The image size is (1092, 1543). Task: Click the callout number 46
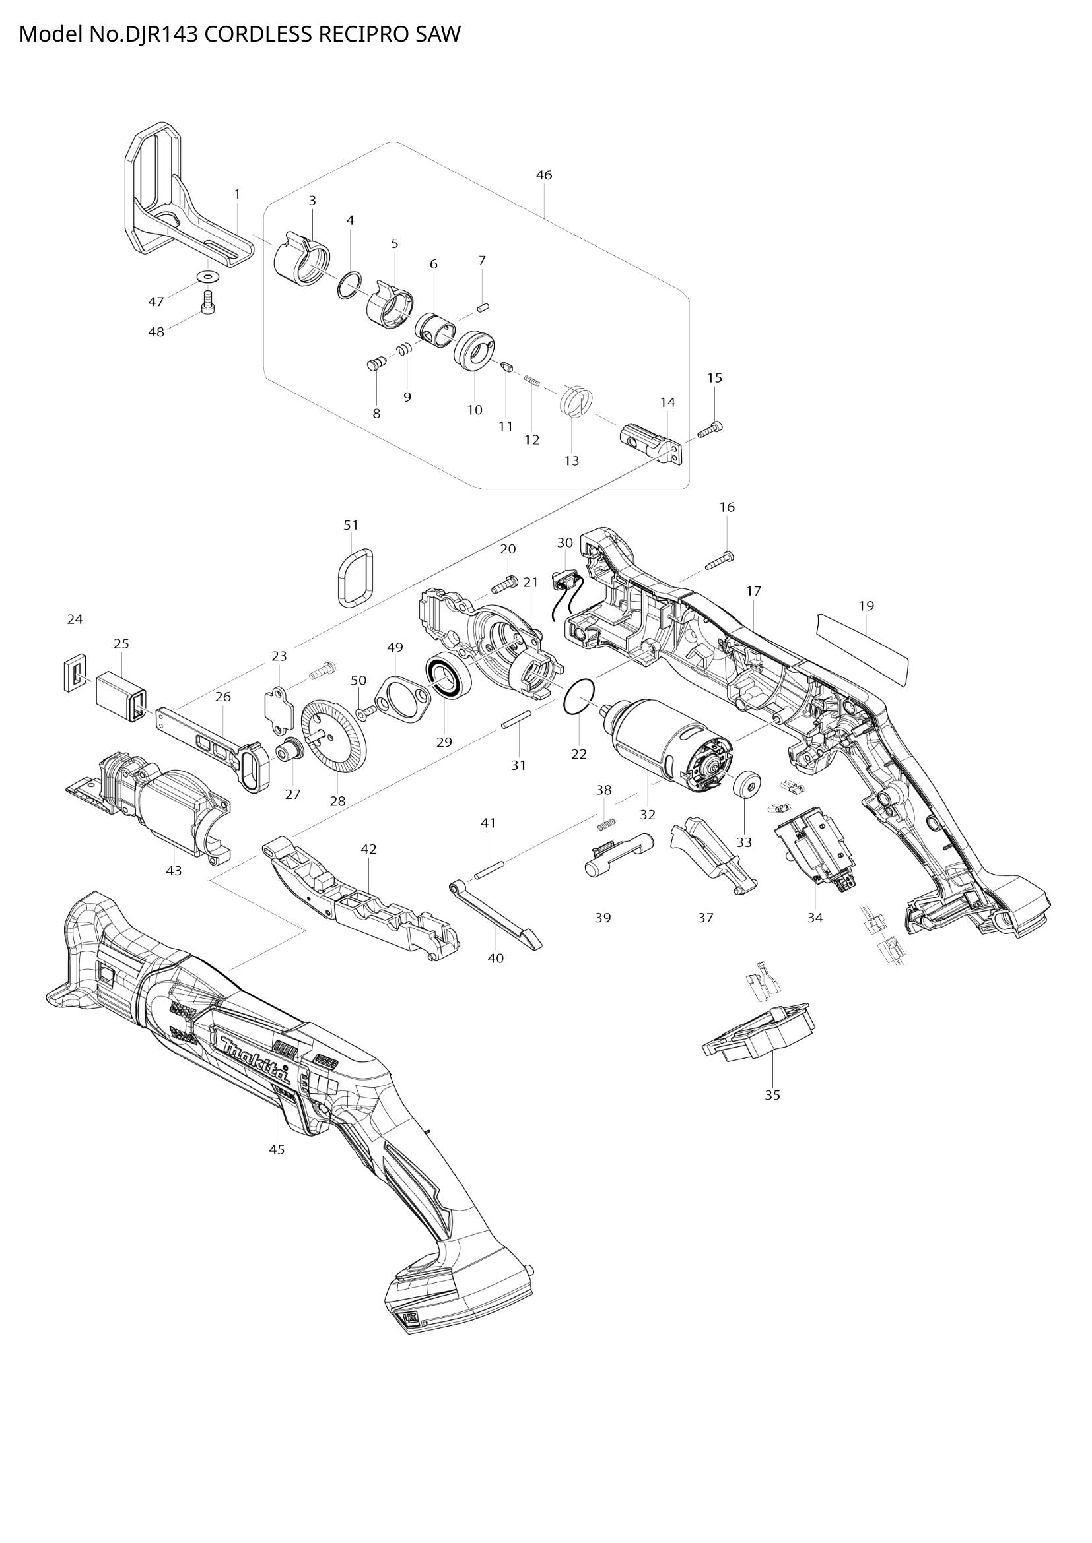coord(544,175)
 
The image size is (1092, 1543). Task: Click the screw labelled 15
coord(710,430)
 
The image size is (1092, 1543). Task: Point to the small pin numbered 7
coord(482,307)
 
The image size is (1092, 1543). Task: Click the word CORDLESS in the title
coord(257,35)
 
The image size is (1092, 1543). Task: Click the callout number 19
coord(866,606)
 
